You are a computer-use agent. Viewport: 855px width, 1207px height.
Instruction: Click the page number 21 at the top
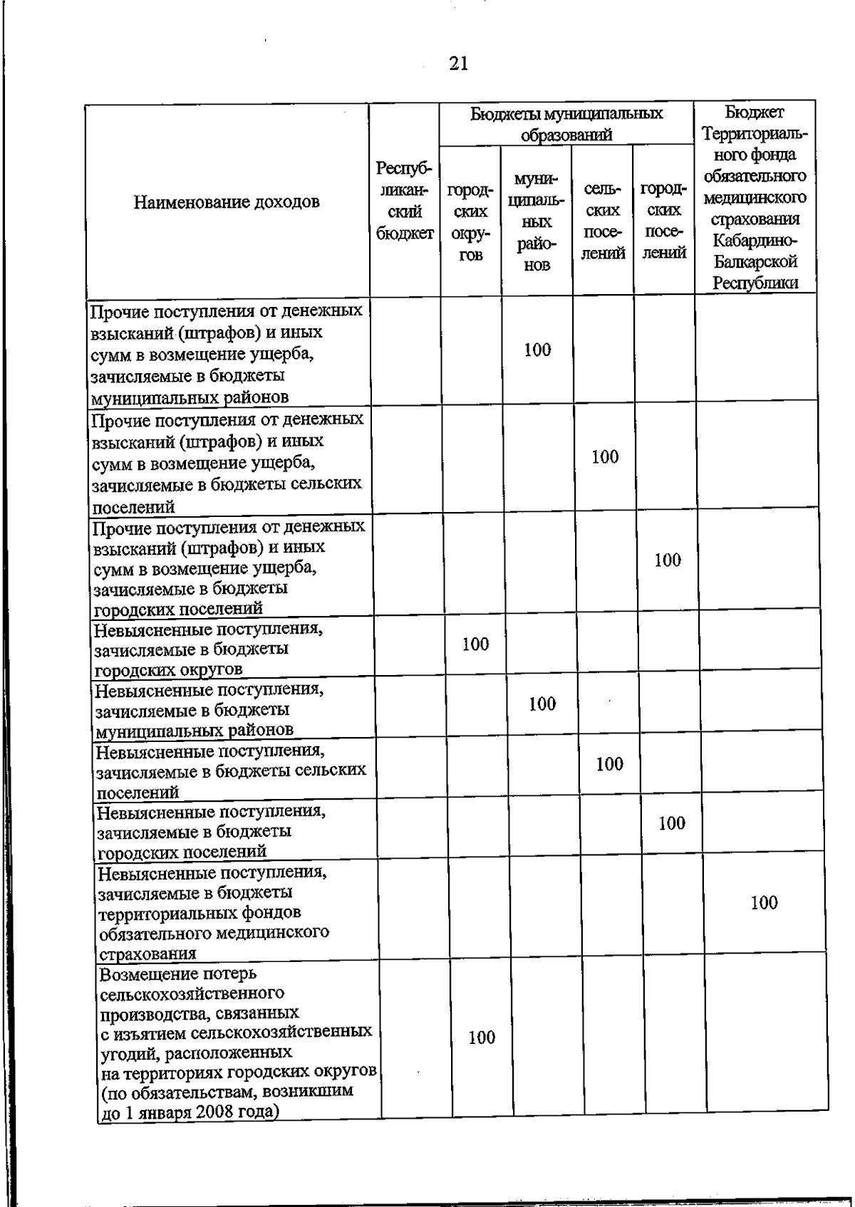[459, 64]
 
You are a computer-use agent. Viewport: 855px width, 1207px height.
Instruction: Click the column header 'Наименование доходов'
[227, 202]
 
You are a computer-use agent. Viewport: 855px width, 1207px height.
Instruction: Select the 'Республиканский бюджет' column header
[405, 201]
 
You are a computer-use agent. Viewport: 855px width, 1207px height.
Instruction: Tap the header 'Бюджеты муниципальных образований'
[566, 124]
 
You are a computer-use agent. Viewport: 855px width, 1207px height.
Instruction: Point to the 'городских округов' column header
[470, 222]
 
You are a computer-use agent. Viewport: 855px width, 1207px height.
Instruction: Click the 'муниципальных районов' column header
[537, 221]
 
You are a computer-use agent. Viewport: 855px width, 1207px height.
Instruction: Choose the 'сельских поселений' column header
[603, 221]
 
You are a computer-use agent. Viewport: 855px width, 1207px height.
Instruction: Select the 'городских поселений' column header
[664, 221]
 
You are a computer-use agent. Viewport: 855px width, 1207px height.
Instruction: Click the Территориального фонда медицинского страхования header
[755, 197]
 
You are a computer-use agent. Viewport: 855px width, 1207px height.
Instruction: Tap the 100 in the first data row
[537, 350]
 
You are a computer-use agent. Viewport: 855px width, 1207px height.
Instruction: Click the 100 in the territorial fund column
[764, 903]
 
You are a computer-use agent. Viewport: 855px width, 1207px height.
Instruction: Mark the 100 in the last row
[482, 1038]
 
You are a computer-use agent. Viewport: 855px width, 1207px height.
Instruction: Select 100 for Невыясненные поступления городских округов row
[475, 644]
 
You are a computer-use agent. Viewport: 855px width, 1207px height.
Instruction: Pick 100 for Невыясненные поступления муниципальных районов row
[542, 704]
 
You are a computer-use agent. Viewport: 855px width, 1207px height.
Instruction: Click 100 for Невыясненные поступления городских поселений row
[671, 824]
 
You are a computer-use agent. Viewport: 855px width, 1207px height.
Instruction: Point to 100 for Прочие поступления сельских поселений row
[605, 457]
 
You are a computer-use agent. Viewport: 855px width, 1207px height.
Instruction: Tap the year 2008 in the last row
[209, 1112]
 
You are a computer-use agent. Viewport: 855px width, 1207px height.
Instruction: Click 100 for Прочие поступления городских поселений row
[668, 560]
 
